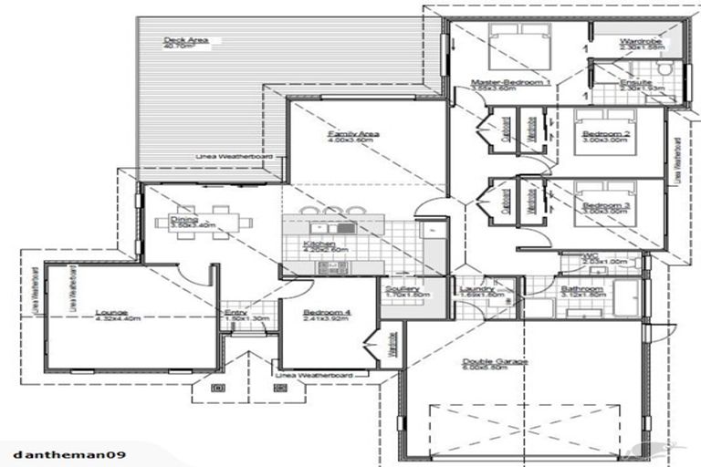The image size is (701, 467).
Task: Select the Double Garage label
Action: (x=494, y=361)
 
